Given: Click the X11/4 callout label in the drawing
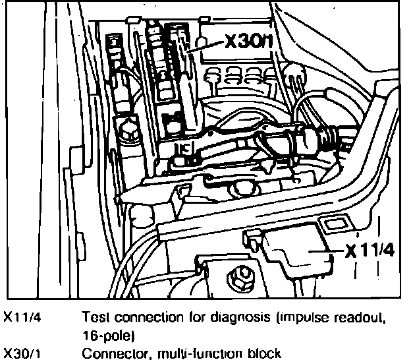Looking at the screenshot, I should pyautogui.click(x=373, y=251).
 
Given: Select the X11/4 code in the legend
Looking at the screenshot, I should pyautogui.click(x=21, y=316).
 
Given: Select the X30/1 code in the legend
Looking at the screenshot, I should pyautogui.click(x=21, y=352).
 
